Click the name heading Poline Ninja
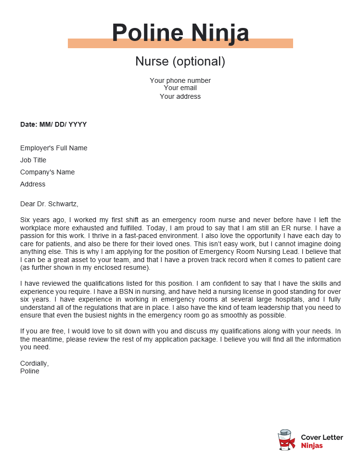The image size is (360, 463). click(x=180, y=33)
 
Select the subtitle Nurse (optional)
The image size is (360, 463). click(x=180, y=62)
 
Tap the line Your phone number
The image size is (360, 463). click(x=180, y=80)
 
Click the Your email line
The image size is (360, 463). click(x=180, y=88)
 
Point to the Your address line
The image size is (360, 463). click(x=180, y=96)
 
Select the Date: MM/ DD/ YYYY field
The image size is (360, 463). click(x=53, y=124)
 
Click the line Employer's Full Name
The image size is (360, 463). click(x=54, y=148)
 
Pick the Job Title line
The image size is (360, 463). click(x=33, y=160)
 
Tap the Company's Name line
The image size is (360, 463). click(x=48, y=172)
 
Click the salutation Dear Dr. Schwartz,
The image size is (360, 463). click(x=49, y=204)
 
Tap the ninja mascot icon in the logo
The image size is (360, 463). click(x=286, y=440)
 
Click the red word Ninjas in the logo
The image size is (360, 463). click(x=312, y=446)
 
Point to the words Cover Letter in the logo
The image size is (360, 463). click(x=322, y=437)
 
